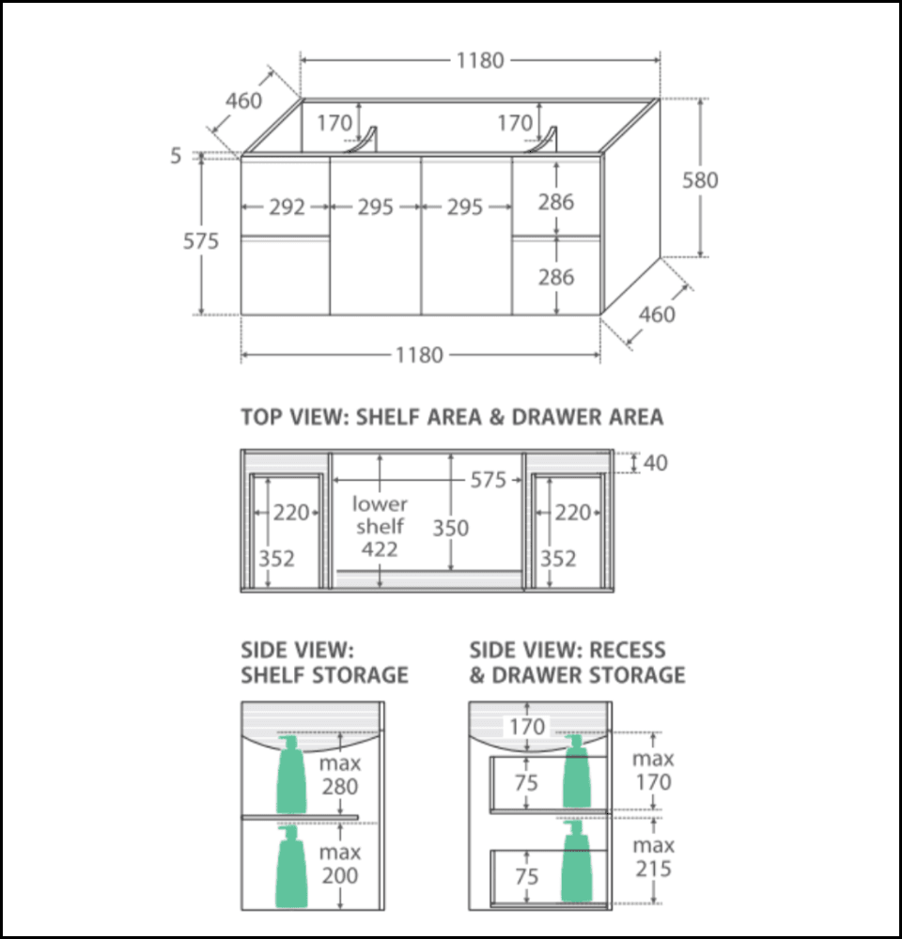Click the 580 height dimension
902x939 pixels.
[x=700, y=179]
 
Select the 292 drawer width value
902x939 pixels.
[x=287, y=208]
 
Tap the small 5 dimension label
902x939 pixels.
[x=176, y=156]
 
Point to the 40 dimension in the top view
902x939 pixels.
[x=657, y=463]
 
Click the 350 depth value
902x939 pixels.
[x=450, y=528]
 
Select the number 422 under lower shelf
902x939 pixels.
[x=380, y=549]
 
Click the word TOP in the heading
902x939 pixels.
[x=264, y=417]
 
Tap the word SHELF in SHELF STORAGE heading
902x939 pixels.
[x=274, y=675]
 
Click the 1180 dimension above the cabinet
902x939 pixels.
[x=480, y=61]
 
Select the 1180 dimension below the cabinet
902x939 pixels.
[x=419, y=356]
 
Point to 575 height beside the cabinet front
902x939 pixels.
[x=201, y=241]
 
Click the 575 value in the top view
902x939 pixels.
[x=488, y=481]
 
